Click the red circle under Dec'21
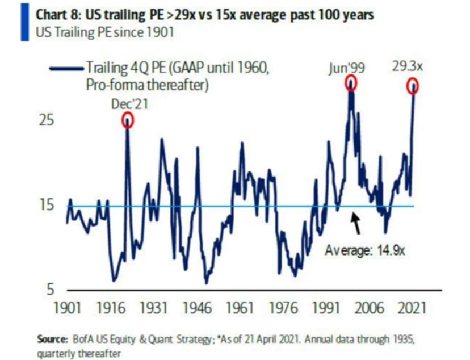[x=128, y=119]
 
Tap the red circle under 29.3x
[x=413, y=86]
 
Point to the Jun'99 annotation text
[x=347, y=68]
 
